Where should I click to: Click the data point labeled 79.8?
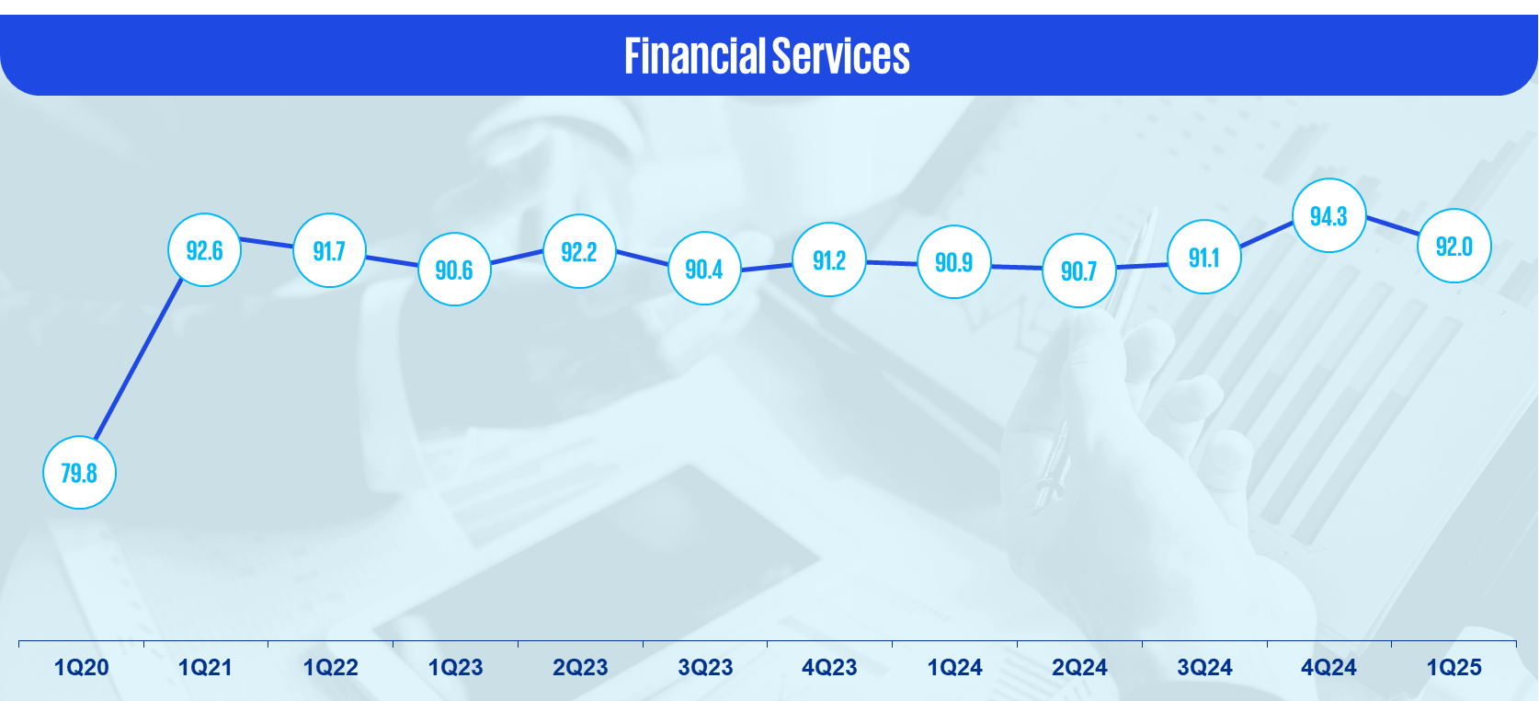tap(79, 473)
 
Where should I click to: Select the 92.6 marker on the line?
tap(205, 250)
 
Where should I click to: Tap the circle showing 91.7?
tap(329, 251)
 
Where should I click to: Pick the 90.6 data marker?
tap(454, 270)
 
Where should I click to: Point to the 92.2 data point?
tap(579, 251)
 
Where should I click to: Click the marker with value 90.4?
tap(704, 269)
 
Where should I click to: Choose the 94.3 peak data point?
tap(1328, 216)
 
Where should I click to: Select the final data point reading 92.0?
tap(1453, 246)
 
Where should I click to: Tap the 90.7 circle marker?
tap(1078, 270)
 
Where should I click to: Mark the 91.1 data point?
tap(1203, 257)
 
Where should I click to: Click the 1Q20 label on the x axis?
tap(81, 667)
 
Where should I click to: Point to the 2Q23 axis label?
tap(580, 667)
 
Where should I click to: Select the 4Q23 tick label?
tap(829, 667)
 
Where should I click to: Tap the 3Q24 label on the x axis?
tap(1204, 667)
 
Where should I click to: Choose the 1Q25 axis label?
tap(1453, 667)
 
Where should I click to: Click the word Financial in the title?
tap(695, 56)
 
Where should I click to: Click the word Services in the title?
tap(841, 56)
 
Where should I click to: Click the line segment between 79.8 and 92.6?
tap(139, 360)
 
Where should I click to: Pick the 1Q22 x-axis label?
tap(330, 667)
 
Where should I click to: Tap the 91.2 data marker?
tap(828, 259)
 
